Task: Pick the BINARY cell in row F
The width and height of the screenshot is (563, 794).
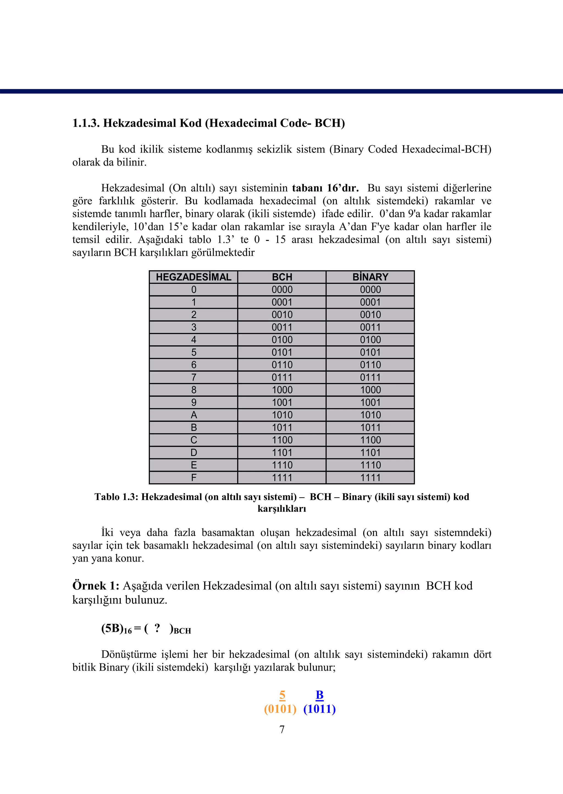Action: [370, 477]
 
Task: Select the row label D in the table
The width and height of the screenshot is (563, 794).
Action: [194, 452]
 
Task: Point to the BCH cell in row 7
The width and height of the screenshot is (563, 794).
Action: [282, 377]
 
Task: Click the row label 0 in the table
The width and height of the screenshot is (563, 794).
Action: [194, 290]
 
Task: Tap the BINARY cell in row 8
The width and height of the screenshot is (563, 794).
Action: [370, 390]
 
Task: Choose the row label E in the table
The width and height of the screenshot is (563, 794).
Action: [194, 465]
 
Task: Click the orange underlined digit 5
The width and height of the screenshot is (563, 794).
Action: [282, 695]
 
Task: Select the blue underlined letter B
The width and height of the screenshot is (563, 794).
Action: [319, 695]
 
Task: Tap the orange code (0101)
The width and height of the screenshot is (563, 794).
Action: [280, 709]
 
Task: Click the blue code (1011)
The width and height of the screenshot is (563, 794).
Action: [319, 709]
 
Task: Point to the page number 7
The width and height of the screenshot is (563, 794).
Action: [282, 729]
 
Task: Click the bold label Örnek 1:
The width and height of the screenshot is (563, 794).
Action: [96, 586]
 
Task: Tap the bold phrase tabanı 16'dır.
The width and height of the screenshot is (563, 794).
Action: [325, 188]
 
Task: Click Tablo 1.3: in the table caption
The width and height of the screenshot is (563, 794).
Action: [117, 497]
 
